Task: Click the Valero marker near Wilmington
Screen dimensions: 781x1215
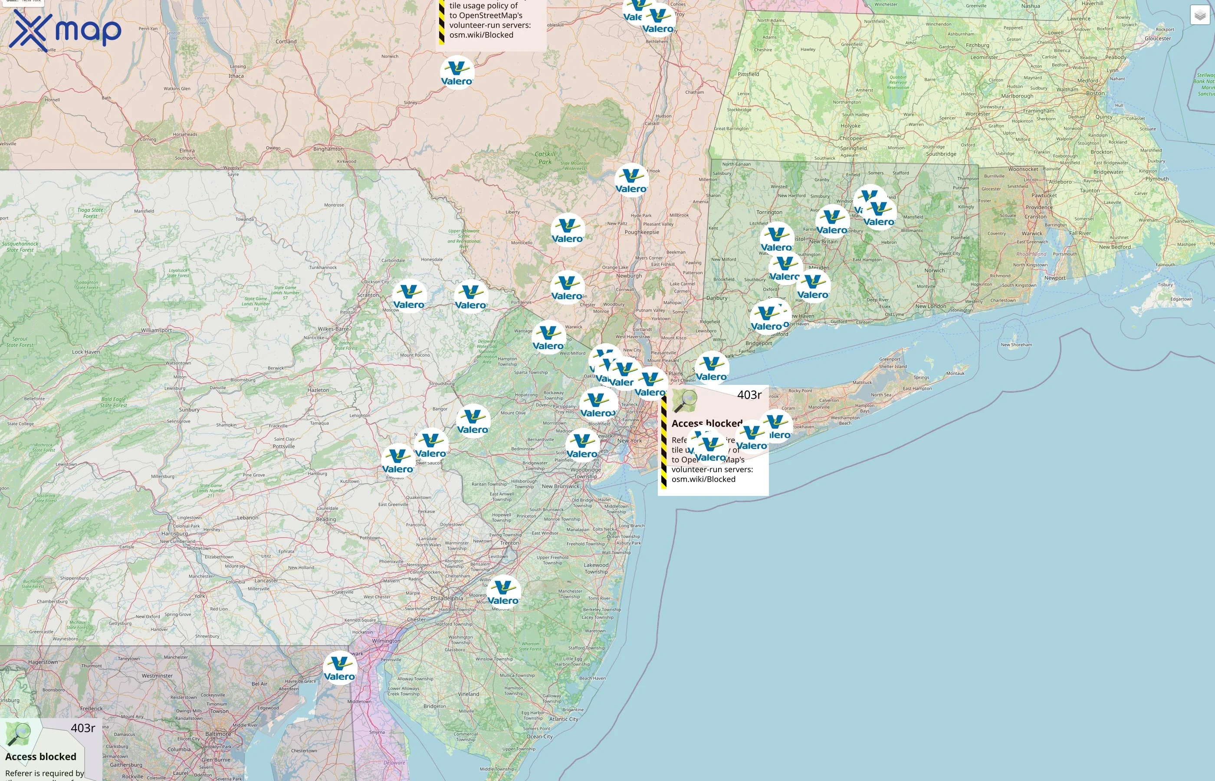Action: pos(340,668)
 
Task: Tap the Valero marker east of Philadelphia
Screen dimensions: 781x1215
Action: pos(503,592)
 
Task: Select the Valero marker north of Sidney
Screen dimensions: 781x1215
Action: pos(457,72)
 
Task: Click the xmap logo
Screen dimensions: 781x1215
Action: pos(65,30)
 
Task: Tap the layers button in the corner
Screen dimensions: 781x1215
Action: pos(1199,15)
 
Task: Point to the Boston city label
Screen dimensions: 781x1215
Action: pos(1095,93)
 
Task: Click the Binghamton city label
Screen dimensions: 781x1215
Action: pos(328,149)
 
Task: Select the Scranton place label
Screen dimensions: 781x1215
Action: pos(368,295)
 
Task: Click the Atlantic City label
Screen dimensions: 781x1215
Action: pos(563,719)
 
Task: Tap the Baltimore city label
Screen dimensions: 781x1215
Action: pos(218,734)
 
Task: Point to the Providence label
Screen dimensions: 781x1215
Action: pos(1039,207)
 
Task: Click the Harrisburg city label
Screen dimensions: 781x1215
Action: pos(174,534)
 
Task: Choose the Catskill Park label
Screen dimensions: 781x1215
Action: pos(545,158)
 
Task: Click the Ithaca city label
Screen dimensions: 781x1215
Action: pos(236,76)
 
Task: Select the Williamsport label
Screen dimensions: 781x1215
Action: pos(156,330)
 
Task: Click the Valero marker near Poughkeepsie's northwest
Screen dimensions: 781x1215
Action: pos(568,230)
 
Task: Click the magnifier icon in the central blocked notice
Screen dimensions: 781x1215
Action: pos(685,401)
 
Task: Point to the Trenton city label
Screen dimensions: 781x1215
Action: pos(509,543)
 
